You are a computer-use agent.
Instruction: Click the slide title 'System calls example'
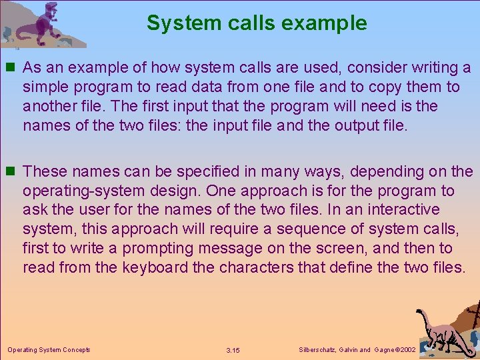[x=257, y=23]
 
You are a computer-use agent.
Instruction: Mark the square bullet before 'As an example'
[x=11, y=68]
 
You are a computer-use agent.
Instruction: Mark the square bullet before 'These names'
[x=11, y=172]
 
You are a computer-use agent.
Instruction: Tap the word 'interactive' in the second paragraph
[x=406, y=210]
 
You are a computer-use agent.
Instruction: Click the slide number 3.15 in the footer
[x=233, y=350]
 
